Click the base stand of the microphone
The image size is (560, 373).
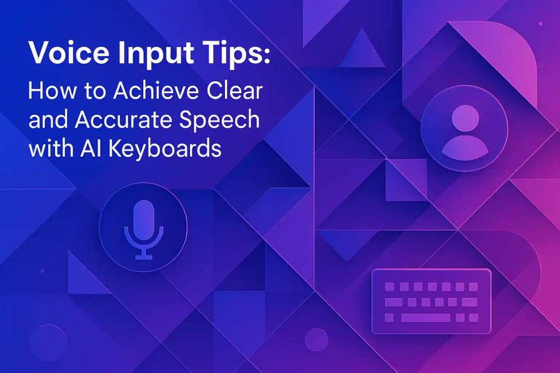[x=143, y=256]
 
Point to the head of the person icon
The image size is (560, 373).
[x=464, y=116]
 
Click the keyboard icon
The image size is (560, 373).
[x=431, y=302]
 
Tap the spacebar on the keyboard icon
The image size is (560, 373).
[x=425, y=318]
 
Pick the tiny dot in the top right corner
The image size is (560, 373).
[x=540, y=23]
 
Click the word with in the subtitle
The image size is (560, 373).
[x=49, y=149]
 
